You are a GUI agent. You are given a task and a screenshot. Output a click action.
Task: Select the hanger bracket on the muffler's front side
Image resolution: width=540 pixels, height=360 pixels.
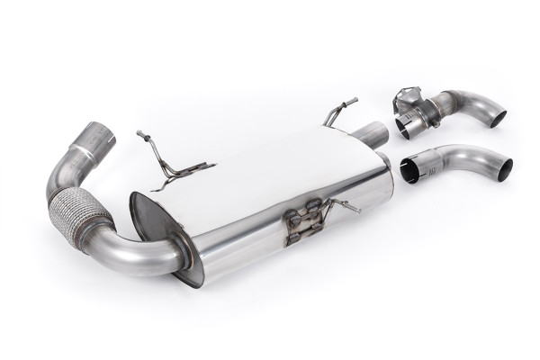pyautogui.click(x=303, y=225)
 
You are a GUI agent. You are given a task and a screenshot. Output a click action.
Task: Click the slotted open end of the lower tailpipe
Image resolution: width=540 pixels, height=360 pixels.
pyautogui.click(x=410, y=169)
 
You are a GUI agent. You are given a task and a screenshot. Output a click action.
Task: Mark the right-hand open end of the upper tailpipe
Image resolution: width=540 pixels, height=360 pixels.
pyautogui.click(x=494, y=116)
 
